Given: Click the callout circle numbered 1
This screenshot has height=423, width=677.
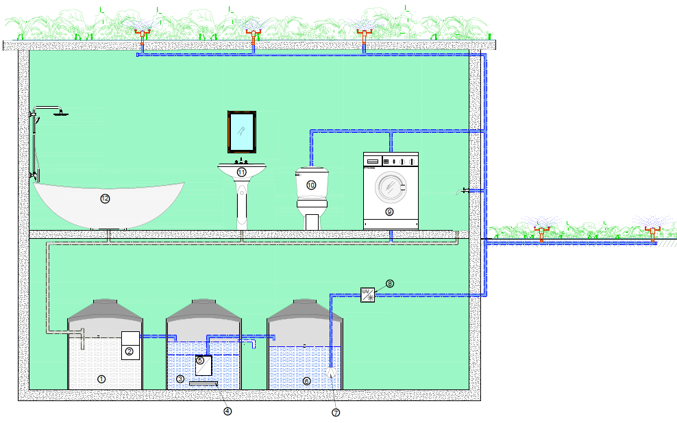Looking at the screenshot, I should coord(101,379).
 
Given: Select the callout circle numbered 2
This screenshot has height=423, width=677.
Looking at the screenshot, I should coord(129,352).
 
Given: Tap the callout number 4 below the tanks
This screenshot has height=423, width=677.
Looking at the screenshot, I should coord(227,411).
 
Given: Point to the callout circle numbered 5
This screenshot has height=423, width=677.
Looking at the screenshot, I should coord(200,360).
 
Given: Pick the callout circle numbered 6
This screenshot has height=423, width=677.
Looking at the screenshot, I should coord(306,381).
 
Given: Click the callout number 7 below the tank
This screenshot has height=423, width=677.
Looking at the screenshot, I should coord(336,413).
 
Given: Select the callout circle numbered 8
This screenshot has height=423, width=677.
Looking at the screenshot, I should coord(389,283).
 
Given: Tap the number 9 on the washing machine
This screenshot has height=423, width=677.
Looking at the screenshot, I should coord(389,212).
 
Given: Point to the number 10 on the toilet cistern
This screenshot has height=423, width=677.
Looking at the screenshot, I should coord(310,185).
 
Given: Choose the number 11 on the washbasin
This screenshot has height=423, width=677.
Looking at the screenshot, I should coord(241,172).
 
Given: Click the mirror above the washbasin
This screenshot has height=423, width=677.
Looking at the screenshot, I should coord(242,131).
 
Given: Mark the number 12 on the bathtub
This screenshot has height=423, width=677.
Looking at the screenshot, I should coord(105,198).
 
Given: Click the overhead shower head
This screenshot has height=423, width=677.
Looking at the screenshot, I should coord(61,113).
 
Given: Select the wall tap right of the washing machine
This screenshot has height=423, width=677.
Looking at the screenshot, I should coord(464,190).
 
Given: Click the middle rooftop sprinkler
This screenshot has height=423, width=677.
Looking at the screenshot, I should coord(253,31).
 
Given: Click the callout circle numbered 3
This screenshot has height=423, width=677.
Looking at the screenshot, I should coord(180,379).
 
